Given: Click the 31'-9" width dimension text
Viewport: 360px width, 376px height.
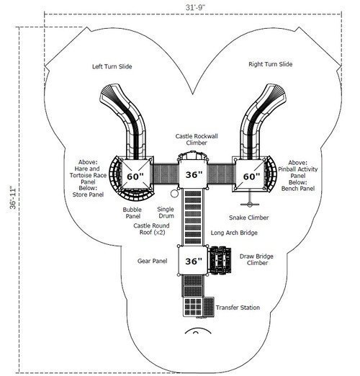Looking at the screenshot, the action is (196, 8).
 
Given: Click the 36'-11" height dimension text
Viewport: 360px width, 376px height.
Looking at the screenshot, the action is (13, 197).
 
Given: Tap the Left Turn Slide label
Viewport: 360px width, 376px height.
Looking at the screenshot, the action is (112, 66).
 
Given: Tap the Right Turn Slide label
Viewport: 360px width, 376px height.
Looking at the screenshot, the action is (271, 64).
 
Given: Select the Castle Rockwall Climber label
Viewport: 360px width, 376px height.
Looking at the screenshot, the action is (197, 140).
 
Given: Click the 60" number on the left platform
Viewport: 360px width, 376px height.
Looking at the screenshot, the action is (135, 176).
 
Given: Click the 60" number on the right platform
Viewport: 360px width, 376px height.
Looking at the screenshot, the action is (251, 176).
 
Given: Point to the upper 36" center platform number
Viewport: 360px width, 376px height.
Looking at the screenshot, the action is (194, 175).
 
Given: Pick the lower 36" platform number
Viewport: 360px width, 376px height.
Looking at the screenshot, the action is (194, 261).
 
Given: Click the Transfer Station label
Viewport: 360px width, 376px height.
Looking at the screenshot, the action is (238, 308).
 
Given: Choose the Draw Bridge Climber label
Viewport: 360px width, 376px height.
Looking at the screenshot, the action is (256, 259).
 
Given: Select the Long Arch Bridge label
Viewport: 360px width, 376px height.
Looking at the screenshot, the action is (234, 233).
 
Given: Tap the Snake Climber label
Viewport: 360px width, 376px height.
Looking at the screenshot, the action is (248, 218).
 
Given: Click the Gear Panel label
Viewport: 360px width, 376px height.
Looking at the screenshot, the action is (152, 261).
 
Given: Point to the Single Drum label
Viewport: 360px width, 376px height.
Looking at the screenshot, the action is (166, 212).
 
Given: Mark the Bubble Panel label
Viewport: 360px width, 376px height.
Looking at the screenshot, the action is (132, 213).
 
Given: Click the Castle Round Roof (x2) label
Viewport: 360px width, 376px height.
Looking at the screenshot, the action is (152, 229).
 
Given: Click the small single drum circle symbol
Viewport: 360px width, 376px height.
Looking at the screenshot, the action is (174, 194).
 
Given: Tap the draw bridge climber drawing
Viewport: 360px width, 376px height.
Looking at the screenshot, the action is (220, 260).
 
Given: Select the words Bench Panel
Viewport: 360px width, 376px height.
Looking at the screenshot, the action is (298, 189).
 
